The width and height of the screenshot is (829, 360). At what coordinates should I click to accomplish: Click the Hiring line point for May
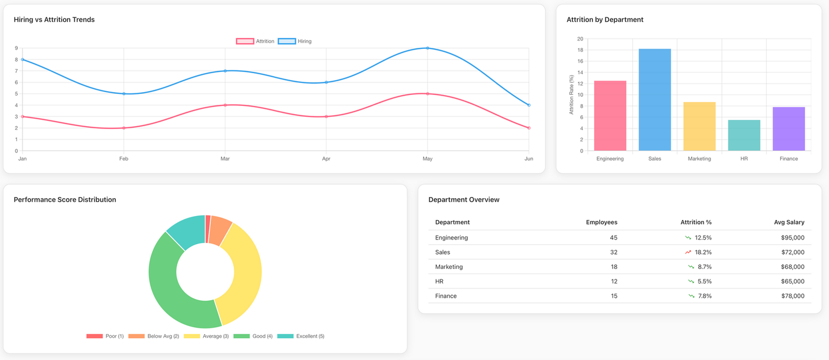tap(427, 48)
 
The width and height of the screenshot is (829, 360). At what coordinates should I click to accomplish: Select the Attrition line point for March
tap(225, 105)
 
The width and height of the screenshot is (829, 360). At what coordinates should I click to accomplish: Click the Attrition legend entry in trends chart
tap(255, 41)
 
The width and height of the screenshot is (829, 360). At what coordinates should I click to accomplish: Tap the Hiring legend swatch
tap(287, 41)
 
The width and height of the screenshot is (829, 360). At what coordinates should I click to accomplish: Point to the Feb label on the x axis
tap(124, 158)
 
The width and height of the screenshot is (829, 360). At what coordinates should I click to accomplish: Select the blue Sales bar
tap(655, 100)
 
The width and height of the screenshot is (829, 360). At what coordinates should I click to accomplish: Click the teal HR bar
tap(744, 135)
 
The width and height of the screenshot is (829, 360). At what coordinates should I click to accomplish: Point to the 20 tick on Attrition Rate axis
tap(580, 39)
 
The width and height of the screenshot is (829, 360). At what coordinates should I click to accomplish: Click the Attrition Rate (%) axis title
tap(572, 94)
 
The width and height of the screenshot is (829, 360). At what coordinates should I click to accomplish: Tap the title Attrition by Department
tap(604, 20)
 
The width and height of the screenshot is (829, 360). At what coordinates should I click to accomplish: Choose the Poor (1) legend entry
tap(105, 336)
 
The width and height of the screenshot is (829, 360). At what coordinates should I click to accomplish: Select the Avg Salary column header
tap(789, 222)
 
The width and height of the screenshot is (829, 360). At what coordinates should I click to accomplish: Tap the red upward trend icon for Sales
tap(688, 252)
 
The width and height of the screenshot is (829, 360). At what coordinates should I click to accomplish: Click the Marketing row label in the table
tap(449, 267)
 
